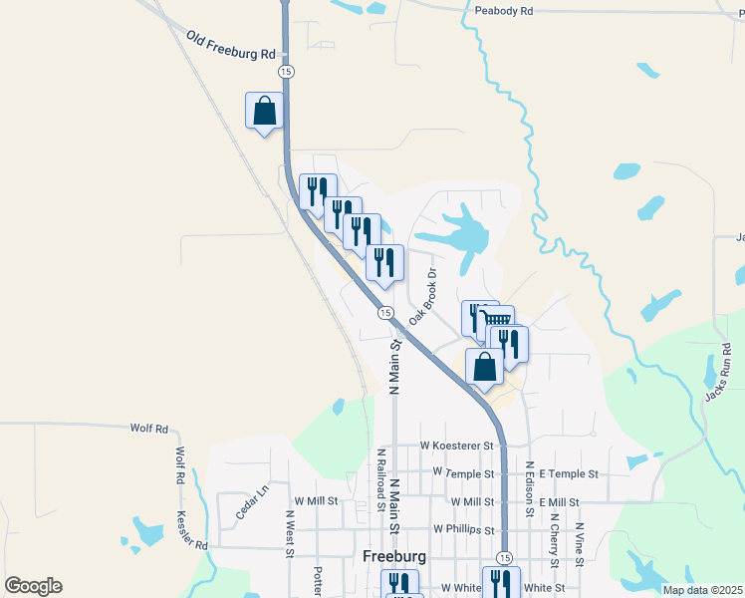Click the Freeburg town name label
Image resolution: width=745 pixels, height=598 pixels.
395,556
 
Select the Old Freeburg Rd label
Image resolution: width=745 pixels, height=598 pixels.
230,45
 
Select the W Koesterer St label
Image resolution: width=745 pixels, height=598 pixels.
457,446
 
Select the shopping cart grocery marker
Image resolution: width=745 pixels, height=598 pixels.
496,322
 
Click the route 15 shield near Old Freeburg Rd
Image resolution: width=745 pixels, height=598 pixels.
287,72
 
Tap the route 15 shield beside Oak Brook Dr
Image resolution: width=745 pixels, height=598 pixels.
384,313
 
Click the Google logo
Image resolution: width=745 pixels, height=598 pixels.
33,586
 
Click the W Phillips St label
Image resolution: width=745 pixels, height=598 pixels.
464,529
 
